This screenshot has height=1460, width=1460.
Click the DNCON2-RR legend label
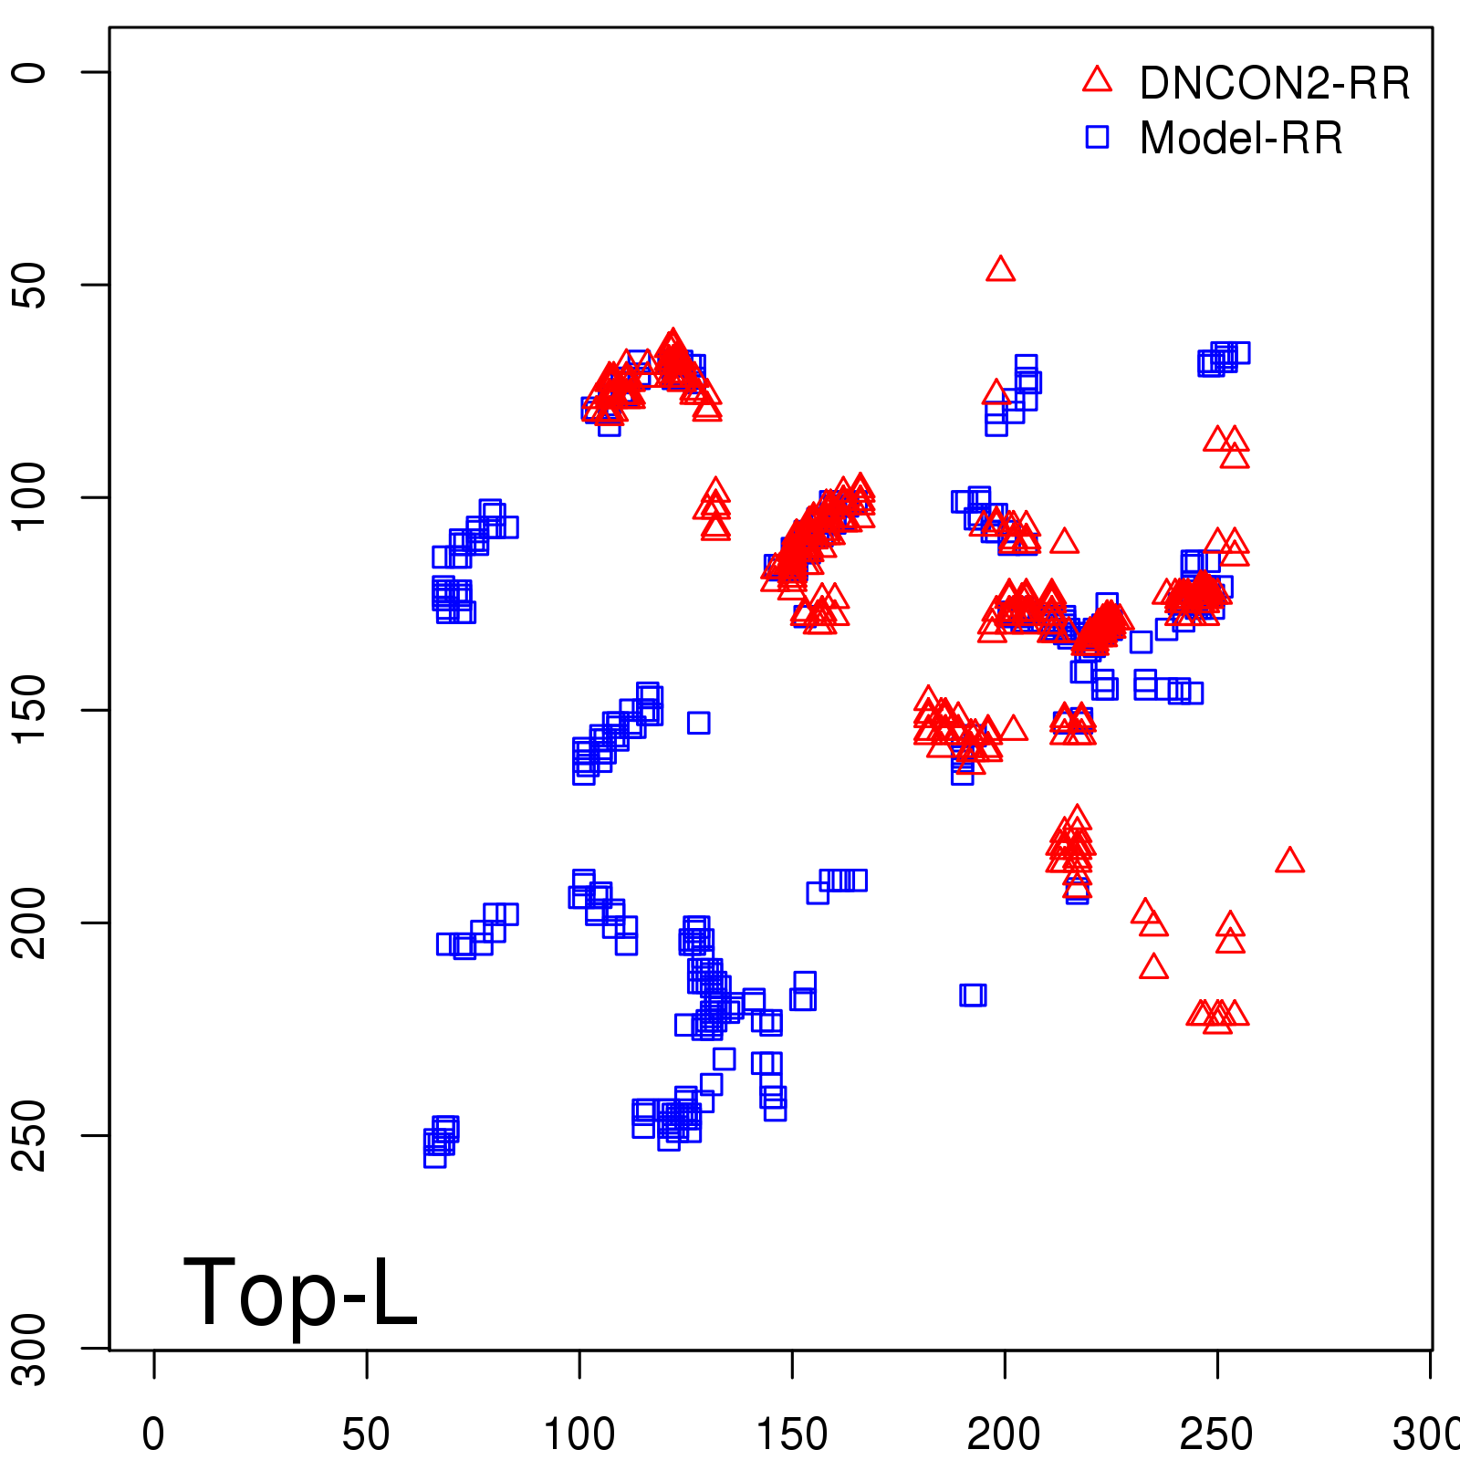click(1274, 84)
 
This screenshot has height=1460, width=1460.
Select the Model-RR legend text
click(1241, 139)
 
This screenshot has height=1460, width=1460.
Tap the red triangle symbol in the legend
click(1097, 80)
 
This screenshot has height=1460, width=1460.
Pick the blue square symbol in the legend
click(1097, 137)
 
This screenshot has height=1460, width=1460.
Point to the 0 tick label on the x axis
click(153, 1434)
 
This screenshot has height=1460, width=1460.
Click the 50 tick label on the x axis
click(366, 1434)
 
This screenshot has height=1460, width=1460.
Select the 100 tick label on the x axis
click(579, 1434)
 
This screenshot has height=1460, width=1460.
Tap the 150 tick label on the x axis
click(792, 1434)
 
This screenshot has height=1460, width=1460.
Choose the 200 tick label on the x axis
click(1004, 1434)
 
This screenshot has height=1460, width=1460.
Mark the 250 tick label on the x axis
click(1216, 1434)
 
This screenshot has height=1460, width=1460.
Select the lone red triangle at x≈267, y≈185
click(1289, 860)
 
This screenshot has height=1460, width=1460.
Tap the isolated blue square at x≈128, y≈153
click(699, 723)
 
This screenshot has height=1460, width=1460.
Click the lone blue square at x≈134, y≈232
click(724, 1058)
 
